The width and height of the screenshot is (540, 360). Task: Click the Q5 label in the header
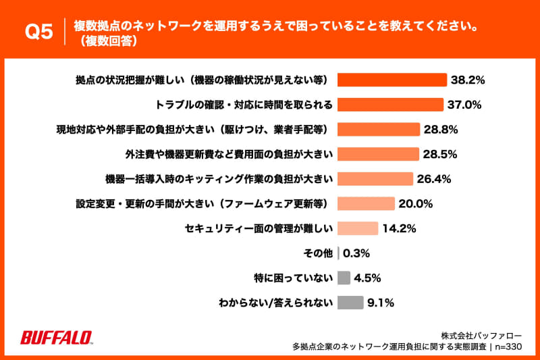[x=38, y=32]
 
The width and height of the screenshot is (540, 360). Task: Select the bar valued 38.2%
[x=392, y=80]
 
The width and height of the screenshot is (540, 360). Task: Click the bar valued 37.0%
[x=390, y=105]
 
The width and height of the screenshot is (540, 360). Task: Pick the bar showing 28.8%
[x=379, y=129]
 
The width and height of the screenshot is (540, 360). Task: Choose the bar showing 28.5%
[x=378, y=154]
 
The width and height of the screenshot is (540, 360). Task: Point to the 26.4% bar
[x=375, y=179]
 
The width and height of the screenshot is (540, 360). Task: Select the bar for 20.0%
[x=365, y=203]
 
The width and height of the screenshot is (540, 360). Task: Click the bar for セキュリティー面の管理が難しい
[x=357, y=228]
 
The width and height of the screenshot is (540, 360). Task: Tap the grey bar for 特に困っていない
[x=344, y=278]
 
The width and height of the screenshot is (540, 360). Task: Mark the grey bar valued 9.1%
[x=350, y=302]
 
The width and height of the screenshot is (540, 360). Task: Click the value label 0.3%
[x=358, y=253]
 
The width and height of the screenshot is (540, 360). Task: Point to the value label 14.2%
[x=398, y=228]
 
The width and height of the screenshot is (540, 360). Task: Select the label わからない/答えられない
[x=276, y=303]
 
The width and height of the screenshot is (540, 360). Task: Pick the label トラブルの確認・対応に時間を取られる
[x=243, y=105]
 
